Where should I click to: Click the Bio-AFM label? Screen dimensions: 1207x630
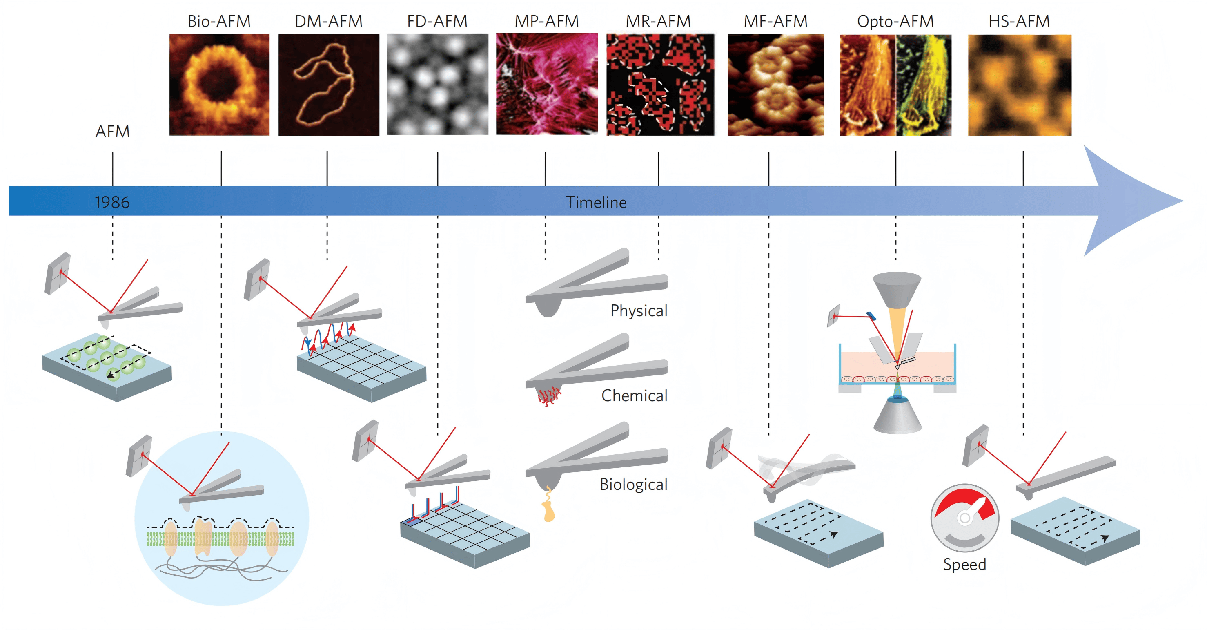[219, 21]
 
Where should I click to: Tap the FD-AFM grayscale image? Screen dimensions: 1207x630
[437, 85]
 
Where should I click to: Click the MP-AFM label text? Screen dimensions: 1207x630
[546, 21]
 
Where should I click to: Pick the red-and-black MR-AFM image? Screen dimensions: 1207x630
[660, 85]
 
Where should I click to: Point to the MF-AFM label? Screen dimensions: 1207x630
[775, 21]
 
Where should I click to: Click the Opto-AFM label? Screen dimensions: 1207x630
[895, 22]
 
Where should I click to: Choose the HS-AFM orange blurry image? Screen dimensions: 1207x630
[1020, 85]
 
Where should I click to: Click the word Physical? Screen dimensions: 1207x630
[639, 311]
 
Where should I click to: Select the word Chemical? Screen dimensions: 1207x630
[635, 395]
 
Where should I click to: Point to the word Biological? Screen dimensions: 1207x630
[633, 485]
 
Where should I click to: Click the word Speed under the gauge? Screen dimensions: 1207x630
[965, 564]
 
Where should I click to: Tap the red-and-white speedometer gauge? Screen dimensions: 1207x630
[965, 518]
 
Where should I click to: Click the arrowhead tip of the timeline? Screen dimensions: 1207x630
[1183, 201]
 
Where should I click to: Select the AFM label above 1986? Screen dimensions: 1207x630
[112, 132]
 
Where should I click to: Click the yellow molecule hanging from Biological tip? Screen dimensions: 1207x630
[548, 505]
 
